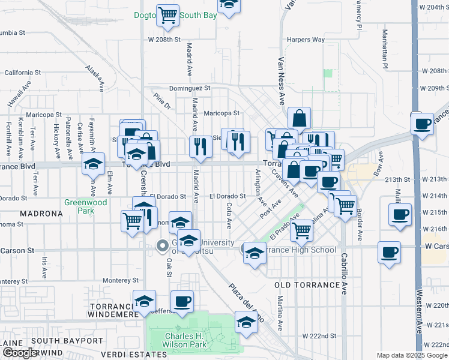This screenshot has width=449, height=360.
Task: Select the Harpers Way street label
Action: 306,40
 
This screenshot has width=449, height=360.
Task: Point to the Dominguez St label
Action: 190,88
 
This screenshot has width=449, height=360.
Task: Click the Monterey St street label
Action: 121,280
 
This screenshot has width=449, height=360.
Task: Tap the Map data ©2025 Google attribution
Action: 412,355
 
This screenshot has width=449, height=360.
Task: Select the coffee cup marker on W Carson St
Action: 389,252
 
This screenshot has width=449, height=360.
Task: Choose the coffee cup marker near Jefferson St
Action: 182,301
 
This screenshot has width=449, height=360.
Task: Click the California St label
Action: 22,73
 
